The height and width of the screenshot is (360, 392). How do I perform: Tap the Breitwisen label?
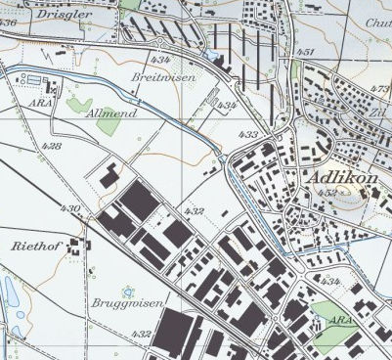coord(163,76)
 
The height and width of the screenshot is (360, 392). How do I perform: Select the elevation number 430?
coord(69,208)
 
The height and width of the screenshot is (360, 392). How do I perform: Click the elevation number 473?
coord(381,89)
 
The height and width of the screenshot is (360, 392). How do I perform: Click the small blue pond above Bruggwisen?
coord(126,290)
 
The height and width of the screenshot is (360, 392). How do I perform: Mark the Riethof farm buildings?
coord(74,247)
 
